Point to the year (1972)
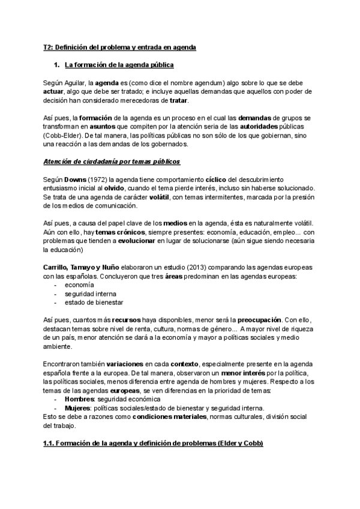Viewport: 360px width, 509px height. (x=88, y=179)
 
